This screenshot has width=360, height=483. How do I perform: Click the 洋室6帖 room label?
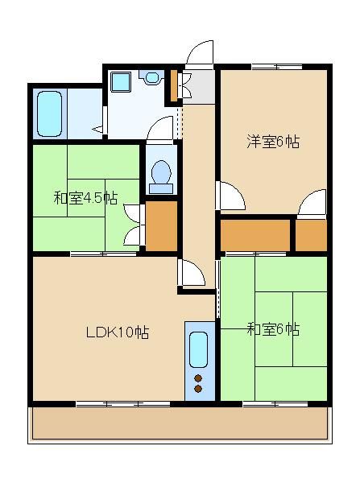[273, 142]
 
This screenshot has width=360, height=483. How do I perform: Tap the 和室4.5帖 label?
[85, 198]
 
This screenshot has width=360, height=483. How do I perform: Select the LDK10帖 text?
[118, 332]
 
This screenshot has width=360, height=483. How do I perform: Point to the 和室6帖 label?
[273, 329]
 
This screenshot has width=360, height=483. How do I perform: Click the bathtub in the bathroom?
[49, 114]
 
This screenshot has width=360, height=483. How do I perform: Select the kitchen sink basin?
[198, 350]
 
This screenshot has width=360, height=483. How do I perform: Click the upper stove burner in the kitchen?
[198, 378]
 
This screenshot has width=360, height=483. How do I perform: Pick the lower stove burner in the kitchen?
[198, 389]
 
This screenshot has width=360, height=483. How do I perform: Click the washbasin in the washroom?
[151, 77]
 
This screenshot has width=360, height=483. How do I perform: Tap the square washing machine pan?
[121, 82]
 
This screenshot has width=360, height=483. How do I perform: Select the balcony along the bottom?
[180, 423]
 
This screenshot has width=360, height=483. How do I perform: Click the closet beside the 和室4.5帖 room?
[161, 225]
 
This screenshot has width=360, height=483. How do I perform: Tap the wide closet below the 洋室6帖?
[255, 235]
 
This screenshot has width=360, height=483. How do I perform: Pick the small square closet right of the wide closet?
[311, 235]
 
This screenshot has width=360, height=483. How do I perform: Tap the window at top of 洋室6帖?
[277, 67]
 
